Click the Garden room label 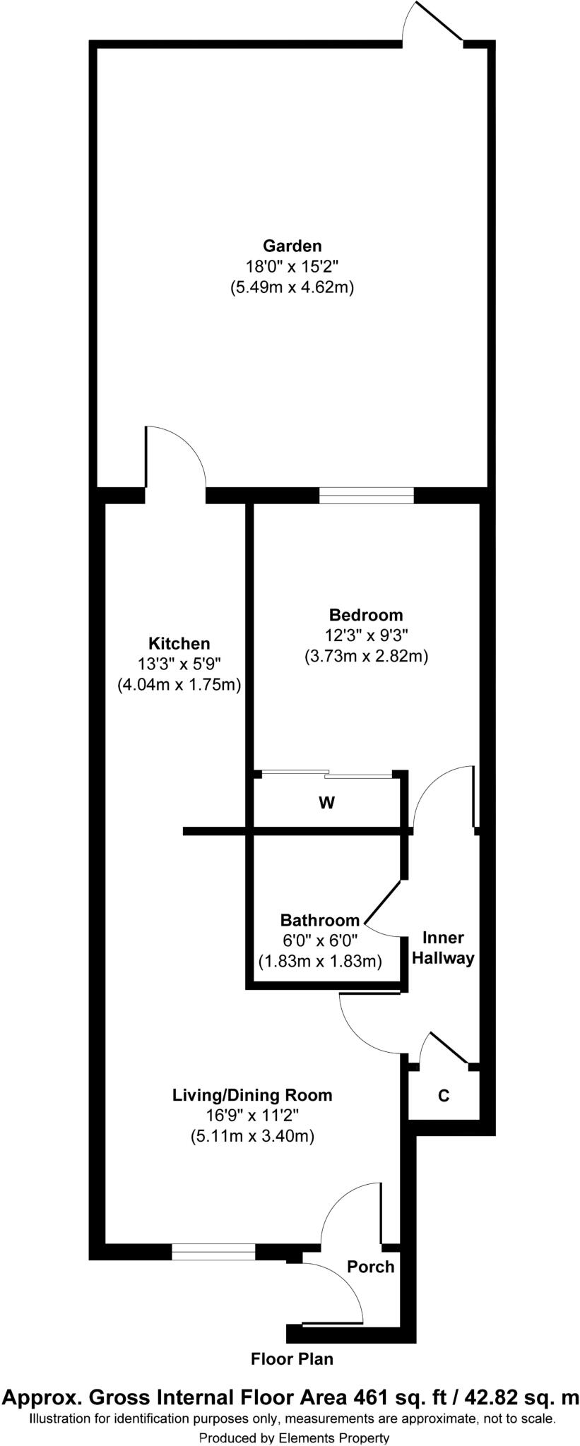pos(292,246)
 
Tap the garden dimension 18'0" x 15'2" pos(292,266)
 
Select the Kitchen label pos(179,643)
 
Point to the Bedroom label pos(366,614)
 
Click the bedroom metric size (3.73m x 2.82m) pos(366,656)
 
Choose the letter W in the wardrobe pos(326,803)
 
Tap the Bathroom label pos(320,920)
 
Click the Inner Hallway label pos(443,948)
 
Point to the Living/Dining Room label pos(252,1095)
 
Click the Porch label pos(370,1266)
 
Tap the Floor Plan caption pos(292,1358)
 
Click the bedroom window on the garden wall pos(366,496)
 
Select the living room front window pos(213,1252)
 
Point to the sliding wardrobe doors pos(326,775)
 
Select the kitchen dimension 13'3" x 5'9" pos(179,664)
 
